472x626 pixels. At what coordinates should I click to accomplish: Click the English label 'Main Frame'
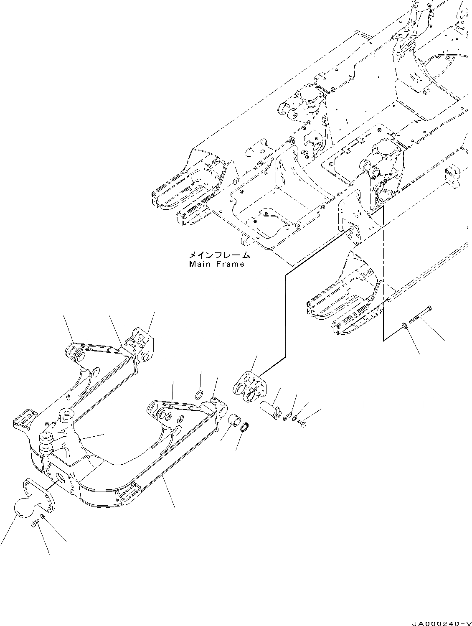click(216, 264)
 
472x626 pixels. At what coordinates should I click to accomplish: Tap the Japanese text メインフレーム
click(219, 255)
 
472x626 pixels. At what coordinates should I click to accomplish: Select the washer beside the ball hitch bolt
click(44, 517)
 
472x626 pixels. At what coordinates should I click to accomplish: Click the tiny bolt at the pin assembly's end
click(303, 424)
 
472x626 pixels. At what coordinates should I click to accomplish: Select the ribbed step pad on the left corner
click(25, 418)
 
